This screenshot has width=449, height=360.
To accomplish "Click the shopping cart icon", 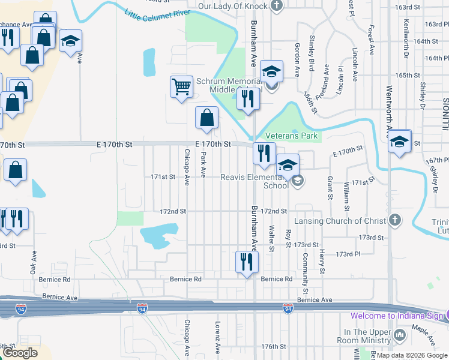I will point(181,87).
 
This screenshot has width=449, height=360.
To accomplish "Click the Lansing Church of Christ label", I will point(339,221).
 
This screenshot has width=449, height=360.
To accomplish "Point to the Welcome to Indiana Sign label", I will point(397,316).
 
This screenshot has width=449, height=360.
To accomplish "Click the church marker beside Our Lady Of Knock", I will point(277,7).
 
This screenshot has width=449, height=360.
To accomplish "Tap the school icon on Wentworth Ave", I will point(399,142).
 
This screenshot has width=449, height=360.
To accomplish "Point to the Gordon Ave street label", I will point(297,59).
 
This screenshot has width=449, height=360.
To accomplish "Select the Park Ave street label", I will point(203,164).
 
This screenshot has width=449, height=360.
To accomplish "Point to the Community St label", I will point(306,269).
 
